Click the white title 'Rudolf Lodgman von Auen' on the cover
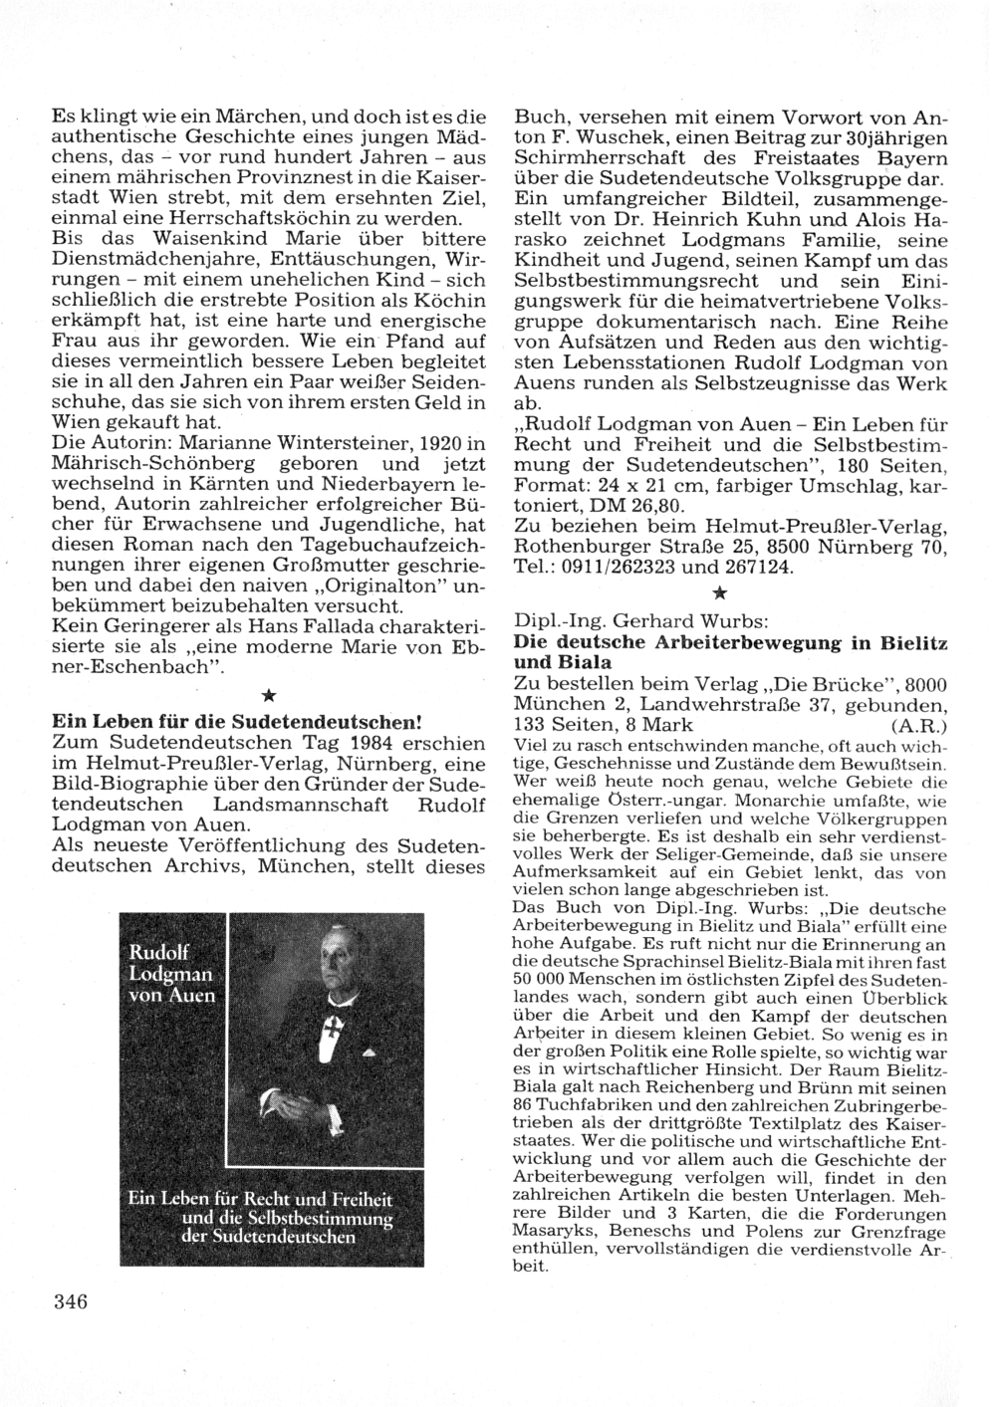click(x=171, y=973)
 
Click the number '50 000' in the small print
click(x=542, y=982)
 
